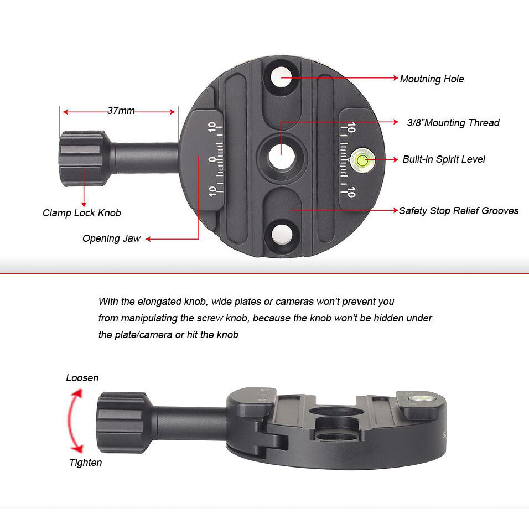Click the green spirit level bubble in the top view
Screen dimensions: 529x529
pyautogui.click(x=362, y=160)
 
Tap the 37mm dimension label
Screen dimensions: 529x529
pyautogui.click(x=121, y=111)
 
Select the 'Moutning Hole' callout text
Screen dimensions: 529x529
pyautogui.click(x=432, y=79)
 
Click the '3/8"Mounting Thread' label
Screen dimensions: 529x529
pyautogui.click(x=453, y=123)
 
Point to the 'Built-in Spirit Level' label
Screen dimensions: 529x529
pyautogui.click(x=444, y=159)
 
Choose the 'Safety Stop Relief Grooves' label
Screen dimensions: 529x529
pyautogui.click(x=459, y=211)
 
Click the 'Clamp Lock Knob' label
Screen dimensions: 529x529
pyautogui.click(x=82, y=213)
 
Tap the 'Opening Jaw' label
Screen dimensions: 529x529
pyautogui.click(x=111, y=238)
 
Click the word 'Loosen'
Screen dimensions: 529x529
pyautogui.click(x=82, y=378)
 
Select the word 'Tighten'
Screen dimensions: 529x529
pyautogui.click(x=85, y=463)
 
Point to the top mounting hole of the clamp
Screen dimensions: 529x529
pyautogui.click(x=282, y=77)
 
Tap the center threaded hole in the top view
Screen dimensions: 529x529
pyautogui.click(x=282, y=158)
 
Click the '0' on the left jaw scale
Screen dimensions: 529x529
pyautogui.click(x=211, y=159)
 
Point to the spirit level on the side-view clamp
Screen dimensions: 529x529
pyautogui.click(x=422, y=399)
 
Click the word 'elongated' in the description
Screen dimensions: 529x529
pyautogui.click(x=159, y=301)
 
